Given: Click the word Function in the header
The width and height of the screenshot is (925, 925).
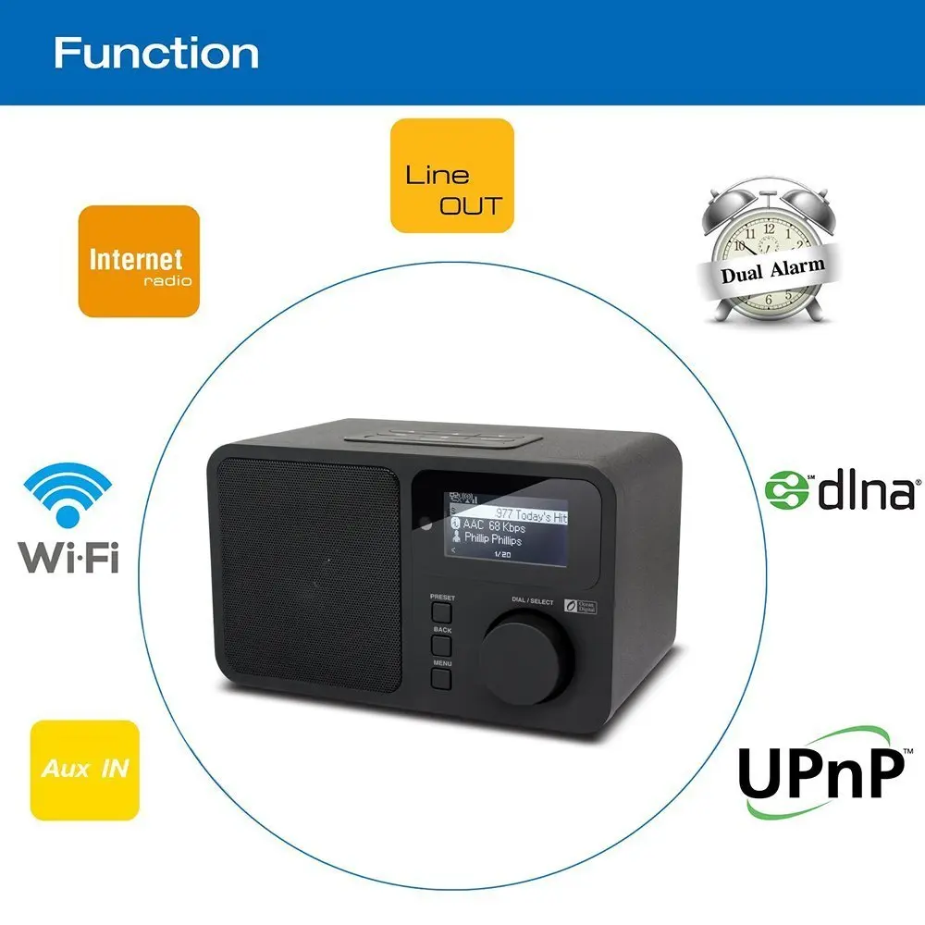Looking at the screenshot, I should click(x=155, y=52).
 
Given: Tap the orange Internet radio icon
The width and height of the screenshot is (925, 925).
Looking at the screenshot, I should click(x=139, y=261).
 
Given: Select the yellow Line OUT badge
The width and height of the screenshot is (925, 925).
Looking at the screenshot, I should click(x=451, y=176).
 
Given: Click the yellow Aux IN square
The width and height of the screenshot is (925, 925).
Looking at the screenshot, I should click(x=84, y=770).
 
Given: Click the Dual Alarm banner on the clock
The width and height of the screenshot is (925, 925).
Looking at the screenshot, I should click(x=772, y=270).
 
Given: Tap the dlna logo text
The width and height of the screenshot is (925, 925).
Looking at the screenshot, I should click(x=865, y=490).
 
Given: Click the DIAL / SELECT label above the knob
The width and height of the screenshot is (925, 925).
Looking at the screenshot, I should click(x=532, y=602).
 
